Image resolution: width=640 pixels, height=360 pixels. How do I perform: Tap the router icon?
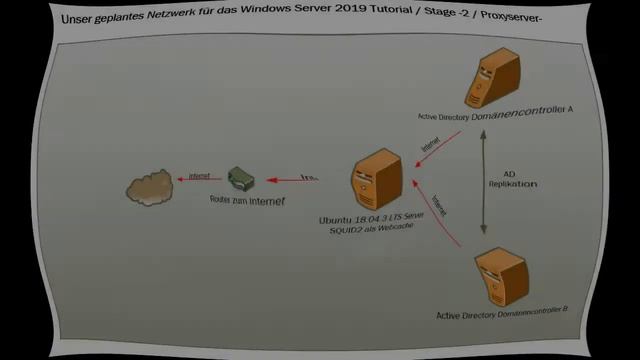click(241, 179)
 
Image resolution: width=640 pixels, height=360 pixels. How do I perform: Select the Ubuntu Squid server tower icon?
click(371, 180)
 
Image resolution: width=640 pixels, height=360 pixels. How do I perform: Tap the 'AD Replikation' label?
click(513, 179)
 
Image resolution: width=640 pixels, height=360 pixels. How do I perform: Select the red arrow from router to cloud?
click(196, 181)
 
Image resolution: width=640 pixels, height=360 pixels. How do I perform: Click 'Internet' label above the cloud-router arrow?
click(199, 175)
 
